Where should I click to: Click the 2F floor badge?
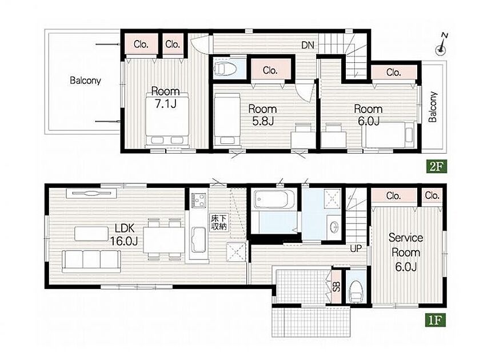[437, 167]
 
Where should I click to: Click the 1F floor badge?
[436, 320]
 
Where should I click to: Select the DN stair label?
[308, 46]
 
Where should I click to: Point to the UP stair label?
[356, 249]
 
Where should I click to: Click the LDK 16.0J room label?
[124, 234]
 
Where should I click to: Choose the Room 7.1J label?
[166, 98]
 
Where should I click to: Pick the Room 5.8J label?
[262, 115]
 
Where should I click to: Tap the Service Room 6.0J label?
[406, 253]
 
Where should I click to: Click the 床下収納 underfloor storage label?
[219, 222]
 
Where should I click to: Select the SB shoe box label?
[336, 287]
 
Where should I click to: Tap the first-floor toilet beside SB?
[356, 291]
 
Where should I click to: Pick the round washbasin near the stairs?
[334, 227]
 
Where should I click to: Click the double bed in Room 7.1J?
[167, 119]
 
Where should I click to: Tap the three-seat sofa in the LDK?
[91, 261]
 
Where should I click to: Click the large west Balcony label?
[85, 81]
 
